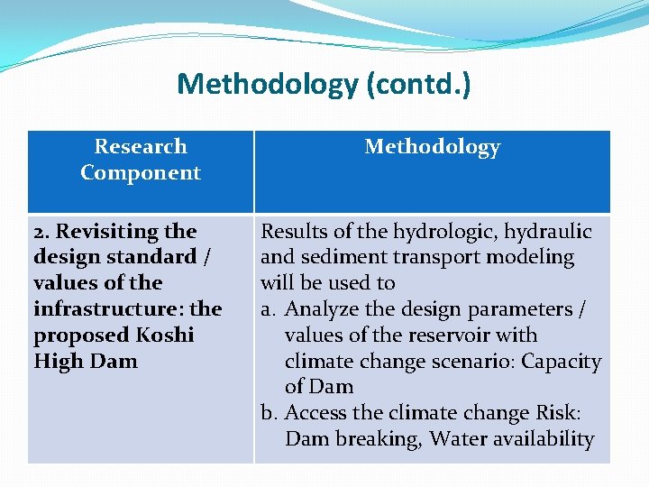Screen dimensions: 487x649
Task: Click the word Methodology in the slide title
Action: tap(267, 85)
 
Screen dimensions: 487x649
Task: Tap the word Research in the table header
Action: tap(141, 146)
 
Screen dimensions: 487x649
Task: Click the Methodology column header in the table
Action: tap(432, 147)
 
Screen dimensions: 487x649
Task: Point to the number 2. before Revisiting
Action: tap(41, 232)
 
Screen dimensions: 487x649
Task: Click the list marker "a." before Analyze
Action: tap(269, 309)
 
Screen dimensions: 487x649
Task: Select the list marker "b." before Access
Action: tap(270, 413)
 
